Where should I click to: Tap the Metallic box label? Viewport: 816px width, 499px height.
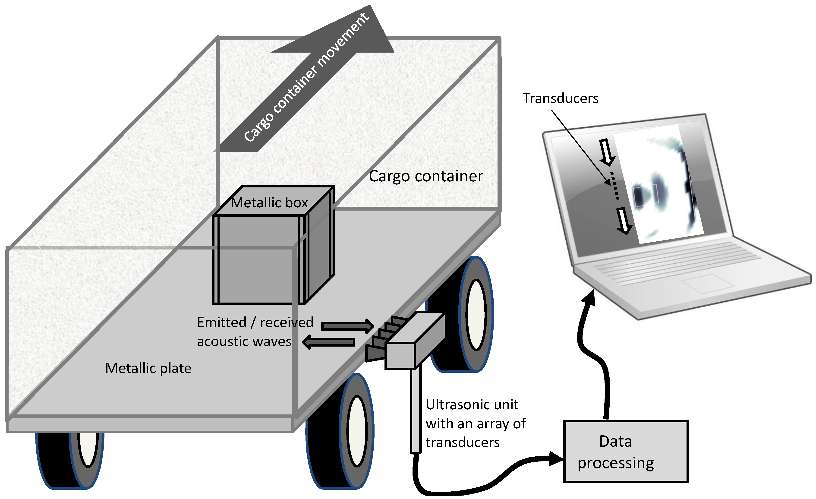269,203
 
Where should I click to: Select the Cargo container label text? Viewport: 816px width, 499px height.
426,176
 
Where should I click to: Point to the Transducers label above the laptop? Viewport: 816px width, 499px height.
560,99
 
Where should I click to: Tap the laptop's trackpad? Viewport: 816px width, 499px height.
707,284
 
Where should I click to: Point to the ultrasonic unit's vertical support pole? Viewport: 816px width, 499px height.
416,411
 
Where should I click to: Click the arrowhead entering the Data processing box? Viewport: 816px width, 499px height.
557,459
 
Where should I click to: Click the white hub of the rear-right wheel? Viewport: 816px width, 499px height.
476,315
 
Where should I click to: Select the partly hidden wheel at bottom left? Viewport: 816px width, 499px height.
69,460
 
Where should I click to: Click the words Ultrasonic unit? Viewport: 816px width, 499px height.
472,405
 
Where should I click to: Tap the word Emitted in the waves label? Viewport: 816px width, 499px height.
222,322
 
